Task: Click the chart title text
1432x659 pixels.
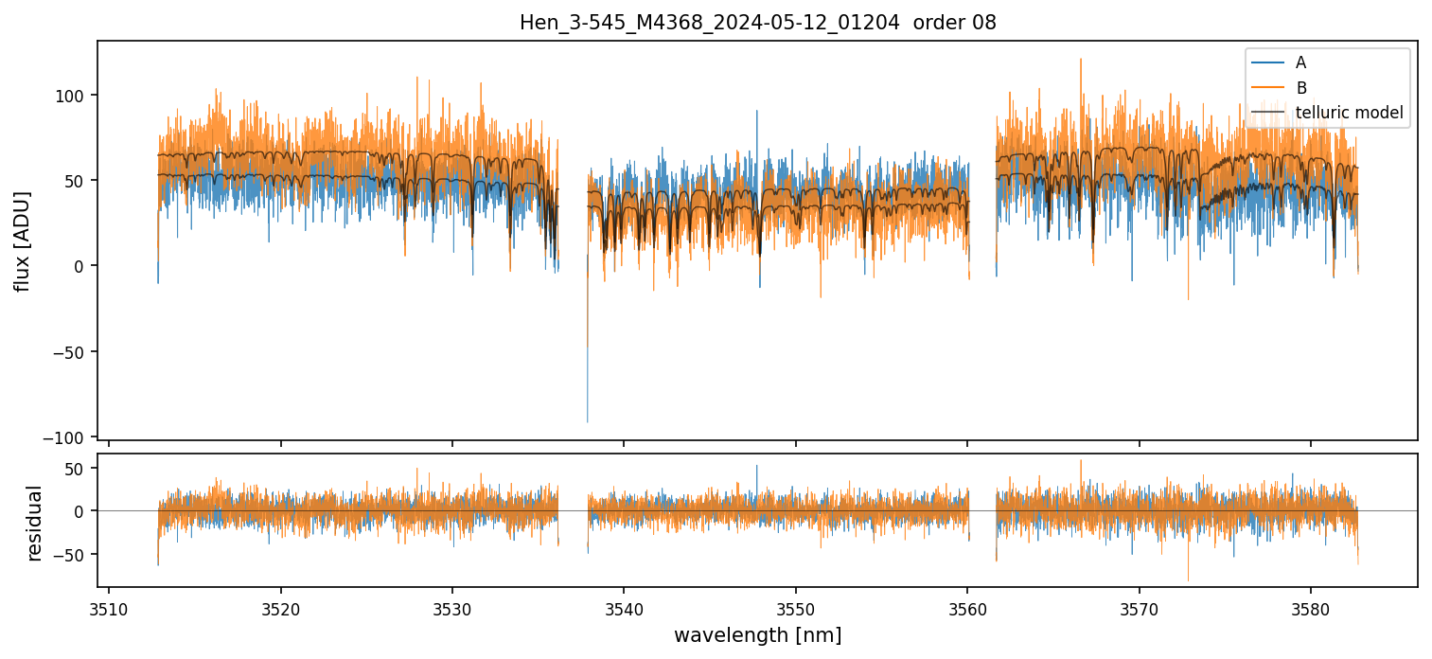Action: point(757,23)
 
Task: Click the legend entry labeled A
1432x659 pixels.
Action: point(1300,62)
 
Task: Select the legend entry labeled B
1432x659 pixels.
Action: point(1300,88)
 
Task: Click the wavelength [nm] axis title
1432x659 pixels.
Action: point(757,634)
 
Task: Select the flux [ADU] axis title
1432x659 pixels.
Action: point(22,240)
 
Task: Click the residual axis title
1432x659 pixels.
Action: point(35,523)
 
